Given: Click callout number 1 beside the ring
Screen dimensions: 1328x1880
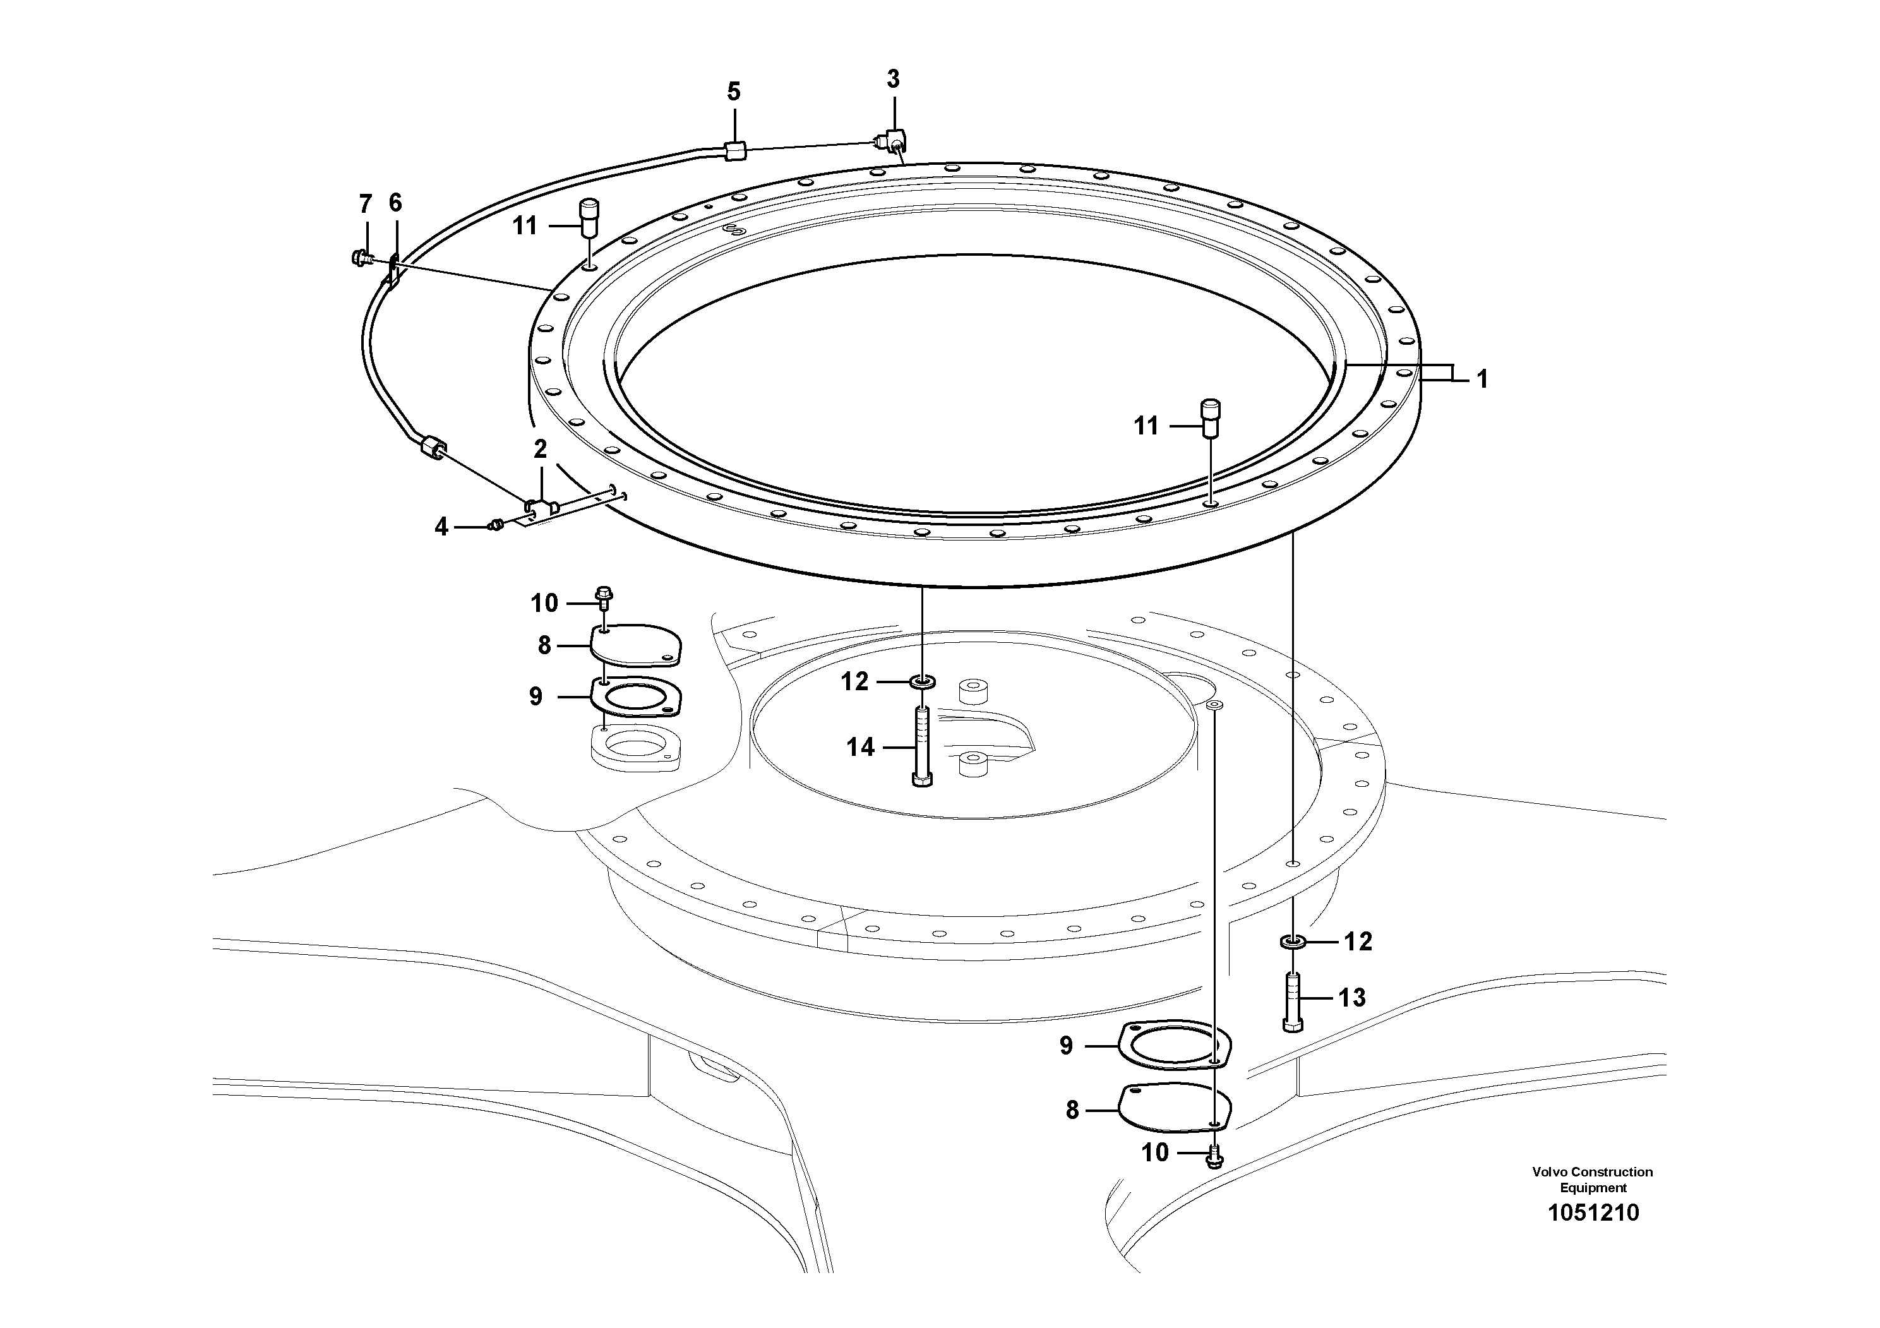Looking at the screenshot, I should coord(1482,379).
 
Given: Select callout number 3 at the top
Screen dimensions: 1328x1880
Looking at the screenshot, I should coord(892,80).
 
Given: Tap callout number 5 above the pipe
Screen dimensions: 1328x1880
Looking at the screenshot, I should coord(734,92).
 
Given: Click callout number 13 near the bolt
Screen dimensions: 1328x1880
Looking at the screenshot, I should coord(1352,997).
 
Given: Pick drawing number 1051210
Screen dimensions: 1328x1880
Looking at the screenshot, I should coord(1593,1212).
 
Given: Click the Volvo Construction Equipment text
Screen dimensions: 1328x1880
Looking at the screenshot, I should coord(1593,1179).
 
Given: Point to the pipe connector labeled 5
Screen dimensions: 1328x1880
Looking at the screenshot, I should coord(734,151).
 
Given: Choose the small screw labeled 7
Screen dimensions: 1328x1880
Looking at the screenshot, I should coord(358,258).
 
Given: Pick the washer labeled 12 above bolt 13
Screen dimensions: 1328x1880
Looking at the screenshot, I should coord(1292,942).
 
